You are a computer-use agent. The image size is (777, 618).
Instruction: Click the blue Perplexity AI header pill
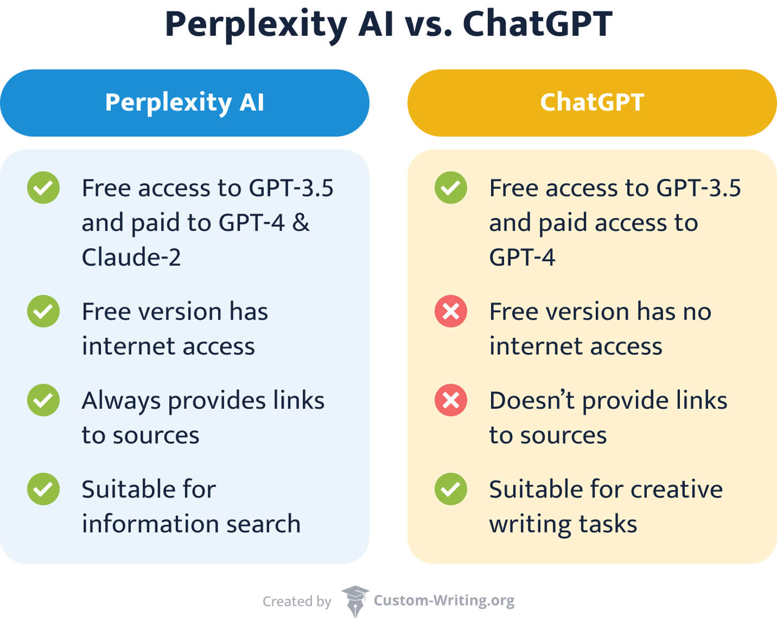[x=184, y=102]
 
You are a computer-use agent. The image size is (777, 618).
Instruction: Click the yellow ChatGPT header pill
[x=591, y=102]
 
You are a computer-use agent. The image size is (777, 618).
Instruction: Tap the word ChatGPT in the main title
[x=537, y=24]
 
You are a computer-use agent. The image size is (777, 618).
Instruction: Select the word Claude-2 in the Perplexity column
[x=131, y=257]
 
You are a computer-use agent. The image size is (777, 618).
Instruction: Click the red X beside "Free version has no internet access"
[x=450, y=311]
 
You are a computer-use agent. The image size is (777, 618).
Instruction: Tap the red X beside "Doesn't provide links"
[x=450, y=400]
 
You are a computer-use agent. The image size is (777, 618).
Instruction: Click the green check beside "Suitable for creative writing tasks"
[x=450, y=489]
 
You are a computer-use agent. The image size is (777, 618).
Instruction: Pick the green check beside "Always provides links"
[x=43, y=400]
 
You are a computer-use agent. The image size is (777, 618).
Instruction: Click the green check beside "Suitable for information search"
[x=43, y=489]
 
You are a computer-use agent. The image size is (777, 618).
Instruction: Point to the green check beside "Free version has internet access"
[x=43, y=311]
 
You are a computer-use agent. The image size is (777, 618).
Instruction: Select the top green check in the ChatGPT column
[x=450, y=188]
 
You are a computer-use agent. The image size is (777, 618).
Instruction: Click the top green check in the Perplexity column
[x=43, y=188]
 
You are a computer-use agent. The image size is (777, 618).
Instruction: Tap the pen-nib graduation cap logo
[x=355, y=600]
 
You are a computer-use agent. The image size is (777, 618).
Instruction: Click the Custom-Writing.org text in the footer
[x=444, y=600]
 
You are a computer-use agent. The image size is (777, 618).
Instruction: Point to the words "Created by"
[x=297, y=601]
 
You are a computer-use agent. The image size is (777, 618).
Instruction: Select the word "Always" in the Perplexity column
[x=121, y=401]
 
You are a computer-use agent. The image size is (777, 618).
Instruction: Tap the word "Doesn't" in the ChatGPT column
[x=532, y=400]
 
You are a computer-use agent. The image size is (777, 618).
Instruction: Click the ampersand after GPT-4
[x=301, y=222]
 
